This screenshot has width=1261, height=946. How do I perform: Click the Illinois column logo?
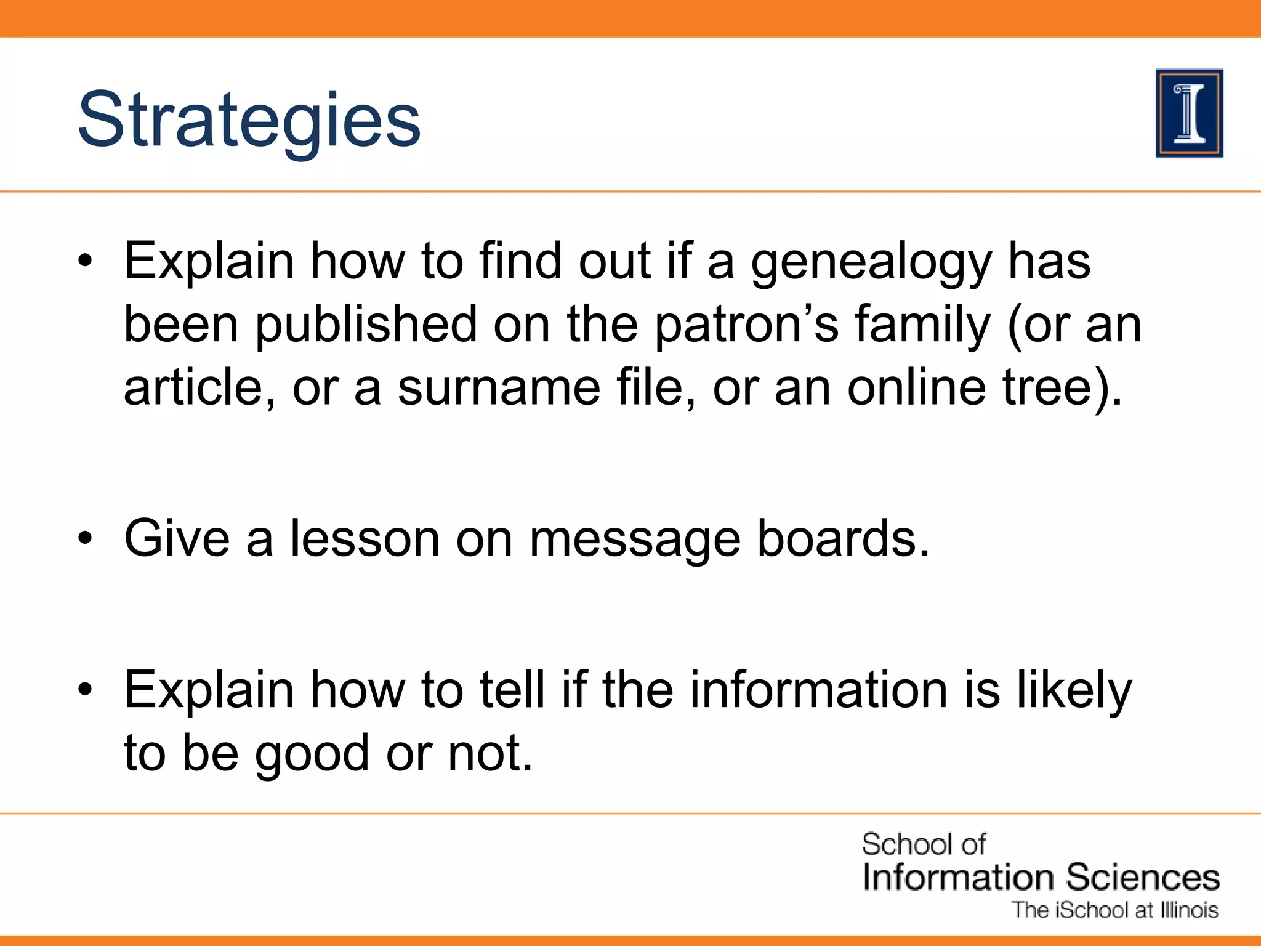click(x=1189, y=113)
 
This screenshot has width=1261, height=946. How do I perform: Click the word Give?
click(x=177, y=538)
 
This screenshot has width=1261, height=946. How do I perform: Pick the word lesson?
click(x=365, y=538)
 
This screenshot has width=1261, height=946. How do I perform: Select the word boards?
click(x=842, y=538)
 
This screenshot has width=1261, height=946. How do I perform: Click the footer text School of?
click(x=923, y=844)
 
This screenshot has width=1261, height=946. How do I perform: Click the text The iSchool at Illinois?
click(x=1115, y=910)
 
